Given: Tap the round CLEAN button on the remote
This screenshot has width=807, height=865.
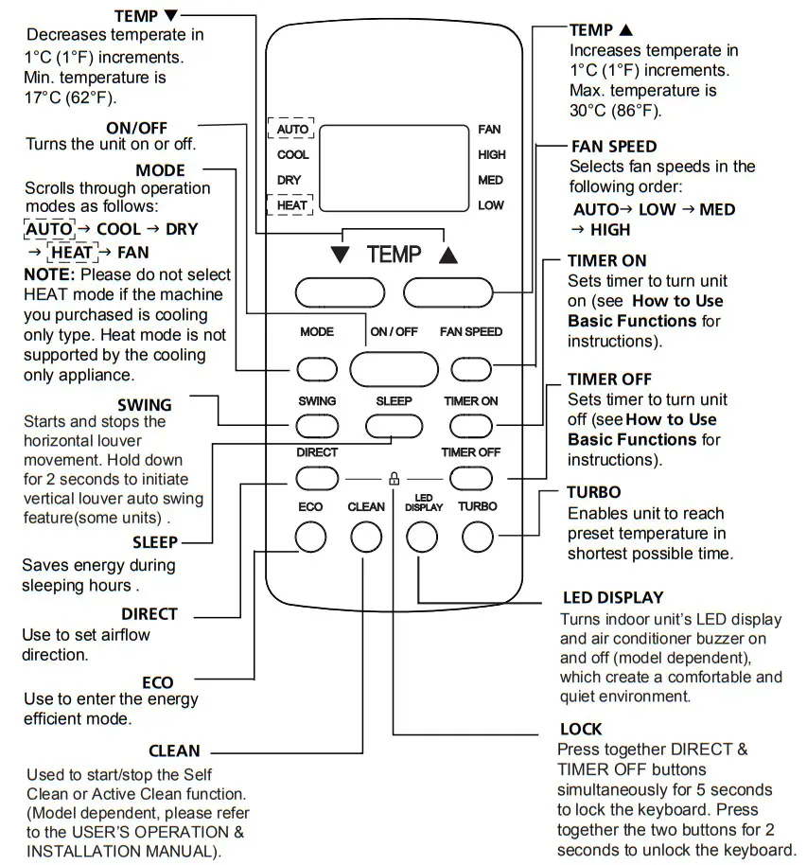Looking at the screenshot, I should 365,538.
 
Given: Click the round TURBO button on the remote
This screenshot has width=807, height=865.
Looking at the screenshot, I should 478,538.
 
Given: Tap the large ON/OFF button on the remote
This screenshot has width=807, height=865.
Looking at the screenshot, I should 394,368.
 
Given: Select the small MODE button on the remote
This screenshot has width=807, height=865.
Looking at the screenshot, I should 316,368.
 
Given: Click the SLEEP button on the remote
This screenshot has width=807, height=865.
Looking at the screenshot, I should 394,425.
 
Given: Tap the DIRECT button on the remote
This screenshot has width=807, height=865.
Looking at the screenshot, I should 316,477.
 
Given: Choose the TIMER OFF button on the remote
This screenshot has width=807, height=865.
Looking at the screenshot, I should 470,477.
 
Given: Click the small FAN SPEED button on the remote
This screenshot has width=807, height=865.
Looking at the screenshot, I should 470,368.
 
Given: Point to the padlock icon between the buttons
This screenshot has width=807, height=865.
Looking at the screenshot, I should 395,479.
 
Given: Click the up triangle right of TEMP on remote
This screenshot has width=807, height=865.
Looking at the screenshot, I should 448,256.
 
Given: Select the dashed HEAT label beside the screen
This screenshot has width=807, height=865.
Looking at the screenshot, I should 291,204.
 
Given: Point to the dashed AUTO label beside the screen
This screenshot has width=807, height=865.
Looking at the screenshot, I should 291,129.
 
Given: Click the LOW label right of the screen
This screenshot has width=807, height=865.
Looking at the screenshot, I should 491,205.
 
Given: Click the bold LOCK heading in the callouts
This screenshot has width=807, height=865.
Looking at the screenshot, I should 580,730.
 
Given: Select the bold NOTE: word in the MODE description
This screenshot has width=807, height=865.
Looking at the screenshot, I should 49,274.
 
